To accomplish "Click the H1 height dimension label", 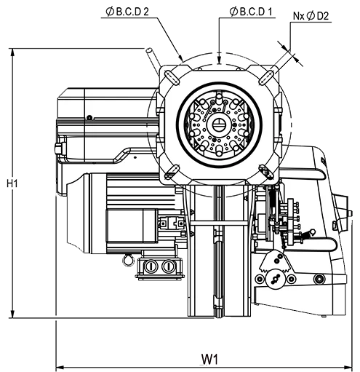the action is point(12,183).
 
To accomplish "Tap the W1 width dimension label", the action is point(209,359).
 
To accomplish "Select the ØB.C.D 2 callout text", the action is point(127,12).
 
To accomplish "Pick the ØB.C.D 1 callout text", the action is point(251,12).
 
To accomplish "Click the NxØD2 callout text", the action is point(311,16).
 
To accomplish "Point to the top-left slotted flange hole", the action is point(172,77).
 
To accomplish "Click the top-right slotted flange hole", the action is point(266,77).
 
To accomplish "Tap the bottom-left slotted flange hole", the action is point(172,172).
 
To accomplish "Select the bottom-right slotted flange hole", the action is point(266,172).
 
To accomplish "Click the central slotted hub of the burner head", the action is point(219,125).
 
